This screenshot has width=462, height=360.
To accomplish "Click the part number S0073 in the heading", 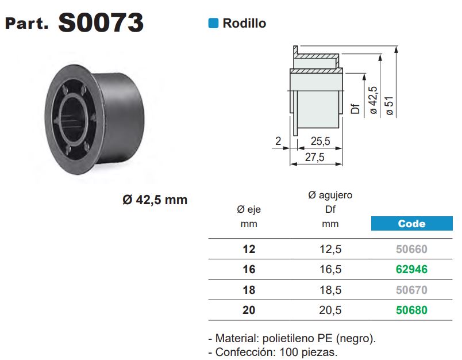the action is tap(101, 22).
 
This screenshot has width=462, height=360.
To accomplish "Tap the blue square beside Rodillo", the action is tap(213, 24).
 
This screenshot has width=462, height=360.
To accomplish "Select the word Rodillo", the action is tap(244, 24).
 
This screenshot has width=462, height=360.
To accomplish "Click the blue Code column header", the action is tap(411, 224).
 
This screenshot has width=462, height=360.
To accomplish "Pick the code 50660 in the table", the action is tap(411, 249).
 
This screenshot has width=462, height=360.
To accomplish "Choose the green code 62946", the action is tap(411, 269).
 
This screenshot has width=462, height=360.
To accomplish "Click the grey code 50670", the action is tap(411, 290).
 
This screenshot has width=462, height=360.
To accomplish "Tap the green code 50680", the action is tap(411, 310).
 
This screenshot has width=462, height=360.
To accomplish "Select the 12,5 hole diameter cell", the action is tap(330, 250).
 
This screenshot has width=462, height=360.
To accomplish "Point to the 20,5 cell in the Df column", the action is tap(330, 310).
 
